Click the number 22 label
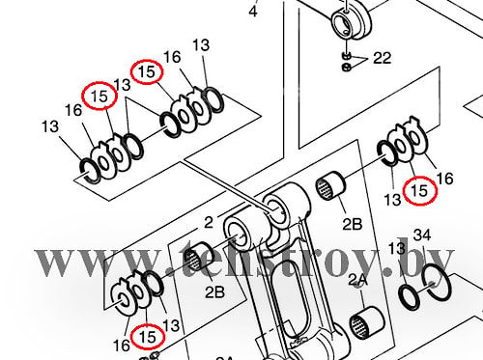(382, 58)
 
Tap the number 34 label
(422, 235)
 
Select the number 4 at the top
(253, 12)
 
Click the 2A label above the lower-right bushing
(357, 281)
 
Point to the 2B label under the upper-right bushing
(352, 224)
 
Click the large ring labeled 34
(435, 282)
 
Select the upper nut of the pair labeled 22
(347, 56)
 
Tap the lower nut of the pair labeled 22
(347, 68)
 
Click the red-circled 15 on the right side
(419, 190)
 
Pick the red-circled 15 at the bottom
(148, 337)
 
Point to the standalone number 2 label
(209, 222)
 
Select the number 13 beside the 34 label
(396, 248)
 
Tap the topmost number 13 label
(201, 45)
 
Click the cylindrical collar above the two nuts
(352, 22)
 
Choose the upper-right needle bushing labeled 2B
(330, 186)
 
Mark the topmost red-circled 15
(147, 71)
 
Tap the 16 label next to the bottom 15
(122, 346)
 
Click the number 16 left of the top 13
(172, 57)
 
